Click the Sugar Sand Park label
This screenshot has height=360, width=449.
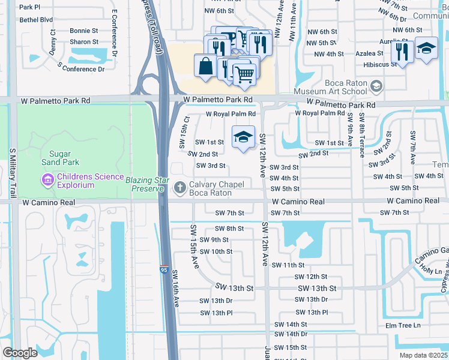(60, 158)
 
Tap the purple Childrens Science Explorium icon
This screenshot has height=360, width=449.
(47, 179)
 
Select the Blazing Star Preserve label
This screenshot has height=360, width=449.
(145, 184)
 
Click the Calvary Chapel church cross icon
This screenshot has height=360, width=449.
(179, 188)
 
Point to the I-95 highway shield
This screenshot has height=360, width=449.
(164, 268)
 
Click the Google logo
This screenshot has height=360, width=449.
(20, 353)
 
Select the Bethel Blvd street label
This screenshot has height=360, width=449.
(35, 20)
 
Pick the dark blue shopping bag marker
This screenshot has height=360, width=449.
(205, 66)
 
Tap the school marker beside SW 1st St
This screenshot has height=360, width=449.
(243, 137)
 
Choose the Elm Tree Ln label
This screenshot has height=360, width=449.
(403, 326)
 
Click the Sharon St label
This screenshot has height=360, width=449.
(84, 42)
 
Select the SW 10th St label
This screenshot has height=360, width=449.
(216, 252)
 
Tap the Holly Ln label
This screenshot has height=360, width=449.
(432, 271)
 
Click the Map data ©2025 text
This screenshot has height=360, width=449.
(423, 355)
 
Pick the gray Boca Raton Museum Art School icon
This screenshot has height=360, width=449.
(376, 87)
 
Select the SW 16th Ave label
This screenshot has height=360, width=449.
(176, 289)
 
